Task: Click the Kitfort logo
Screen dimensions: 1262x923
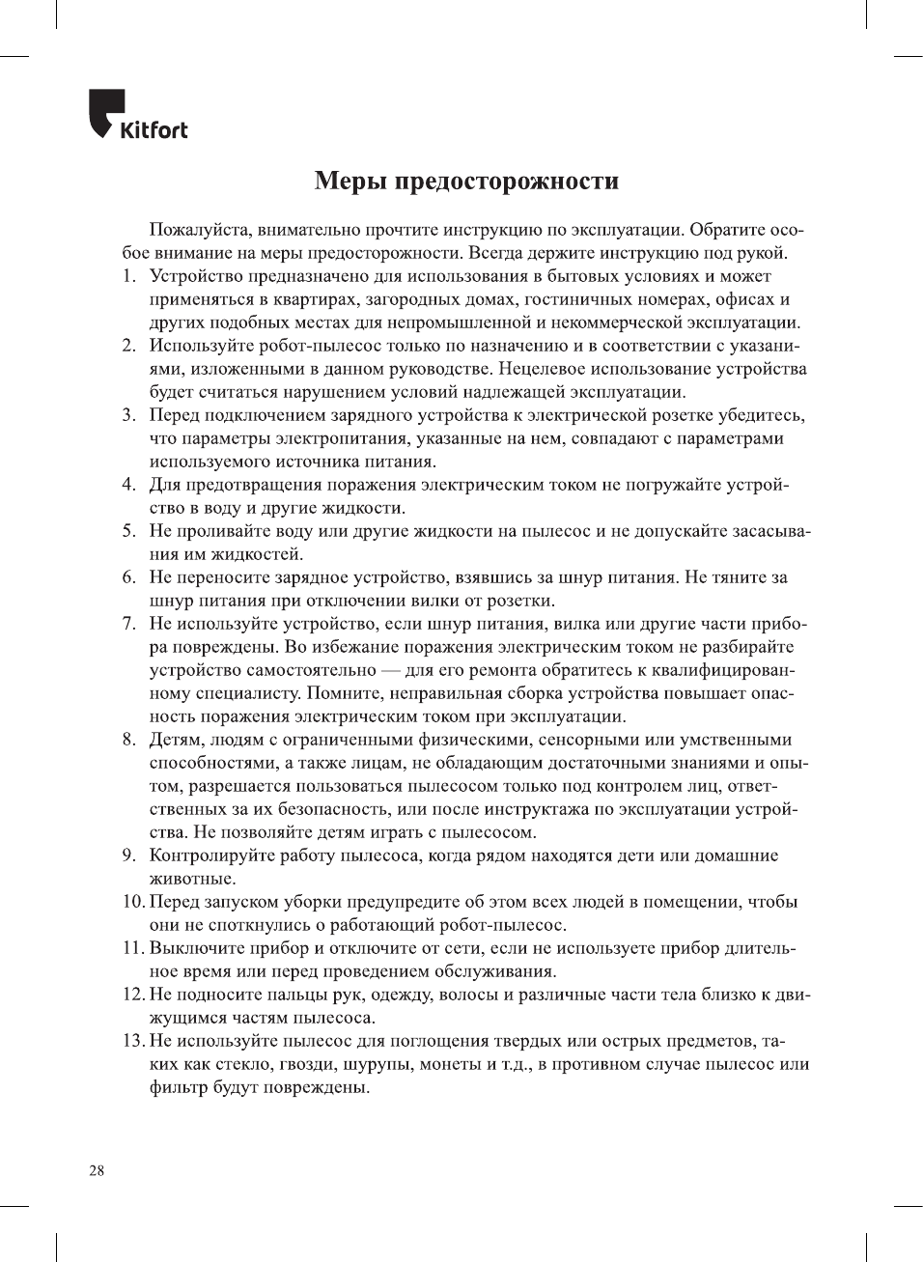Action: (138, 116)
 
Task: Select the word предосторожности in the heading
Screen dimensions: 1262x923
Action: (510, 182)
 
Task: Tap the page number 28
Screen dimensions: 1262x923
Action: (97, 1171)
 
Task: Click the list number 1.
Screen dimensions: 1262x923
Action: (128, 276)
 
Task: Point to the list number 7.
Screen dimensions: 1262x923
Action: (128, 624)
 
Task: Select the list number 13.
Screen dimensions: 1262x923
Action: (132, 1041)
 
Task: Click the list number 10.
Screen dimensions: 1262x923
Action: (132, 902)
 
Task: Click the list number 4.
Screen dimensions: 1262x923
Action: (128, 485)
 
